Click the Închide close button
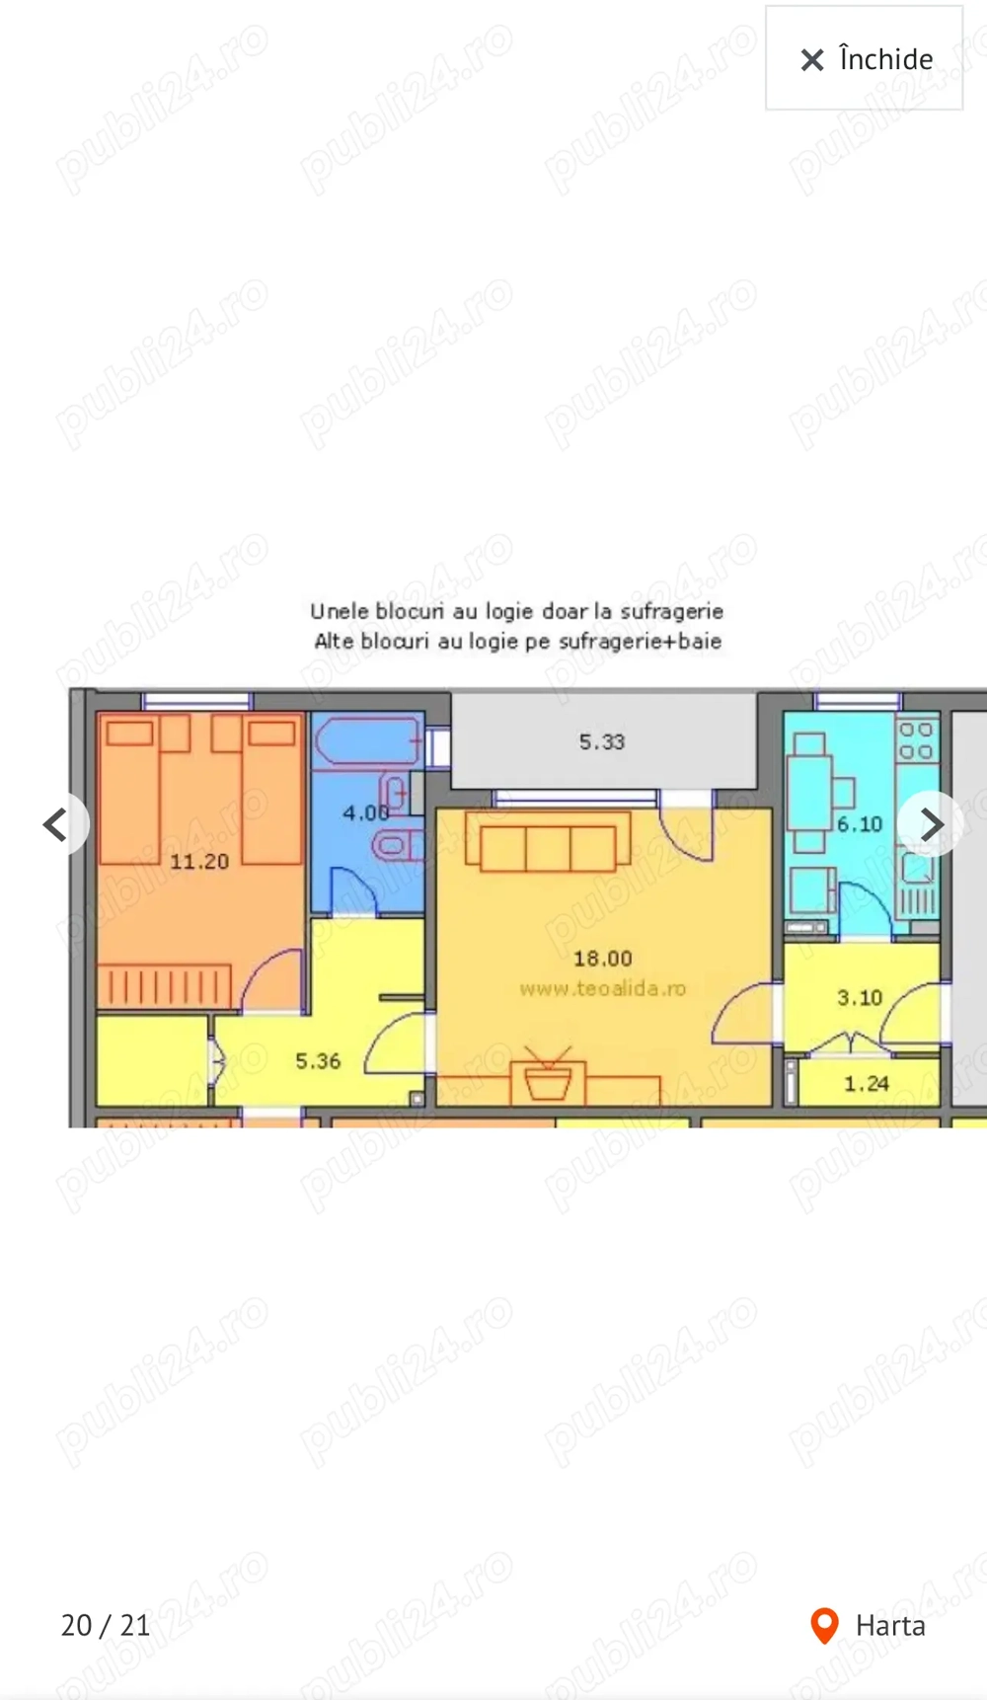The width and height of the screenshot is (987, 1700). click(865, 59)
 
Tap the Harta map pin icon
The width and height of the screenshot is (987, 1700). click(824, 1625)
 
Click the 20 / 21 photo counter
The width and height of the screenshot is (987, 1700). click(106, 1625)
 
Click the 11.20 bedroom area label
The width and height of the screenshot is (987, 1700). click(199, 862)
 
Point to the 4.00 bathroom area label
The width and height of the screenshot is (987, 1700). click(365, 813)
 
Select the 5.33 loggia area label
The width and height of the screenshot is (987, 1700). click(602, 742)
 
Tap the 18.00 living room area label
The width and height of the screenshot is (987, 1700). click(602, 959)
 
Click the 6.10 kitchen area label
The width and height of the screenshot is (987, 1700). click(859, 824)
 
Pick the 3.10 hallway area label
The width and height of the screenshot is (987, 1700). click(859, 998)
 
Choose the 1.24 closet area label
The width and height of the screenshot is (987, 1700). click(866, 1084)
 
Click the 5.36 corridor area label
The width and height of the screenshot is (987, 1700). click(318, 1061)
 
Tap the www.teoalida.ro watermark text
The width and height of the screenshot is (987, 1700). click(602, 988)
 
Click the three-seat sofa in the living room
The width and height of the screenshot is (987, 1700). click(548, 846)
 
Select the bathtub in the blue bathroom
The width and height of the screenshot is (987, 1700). click(366, 740)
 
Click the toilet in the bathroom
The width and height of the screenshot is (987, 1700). click(395, 846)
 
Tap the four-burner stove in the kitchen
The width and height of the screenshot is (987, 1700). click(916, 740)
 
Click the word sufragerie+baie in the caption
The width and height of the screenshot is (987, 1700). click(641, 641)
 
